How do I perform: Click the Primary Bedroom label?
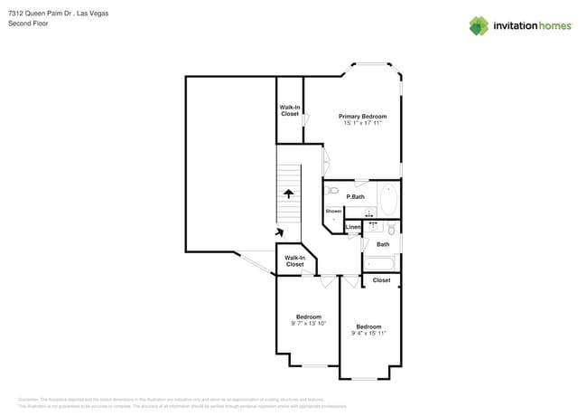click(362, 116)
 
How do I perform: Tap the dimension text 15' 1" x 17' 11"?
click(362, 123)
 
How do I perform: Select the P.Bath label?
click(355, 196)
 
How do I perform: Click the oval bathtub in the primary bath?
click(388, 199)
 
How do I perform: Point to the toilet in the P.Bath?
click(331, 191)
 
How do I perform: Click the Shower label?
click(334, 211)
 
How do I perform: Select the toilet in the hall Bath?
click(391, 229)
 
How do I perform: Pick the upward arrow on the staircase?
click(289, 193)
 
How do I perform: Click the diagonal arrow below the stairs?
click(290, 232)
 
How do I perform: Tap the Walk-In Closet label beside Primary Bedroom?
click(290, 110)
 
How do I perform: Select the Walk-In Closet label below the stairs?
click(294, 260)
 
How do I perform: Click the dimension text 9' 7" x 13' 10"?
click(309, 323)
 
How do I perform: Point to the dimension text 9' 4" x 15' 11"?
click(368, 333)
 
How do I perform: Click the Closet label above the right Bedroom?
click(381, 280)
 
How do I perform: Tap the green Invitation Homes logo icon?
click(479, 25)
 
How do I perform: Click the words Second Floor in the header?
click(28, 24)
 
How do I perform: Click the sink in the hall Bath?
click(373, 224)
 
